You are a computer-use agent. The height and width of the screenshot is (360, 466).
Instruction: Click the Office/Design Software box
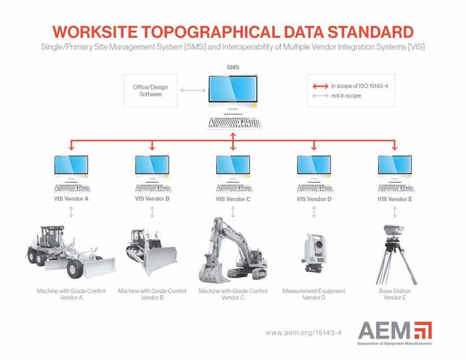[x=150, y=91]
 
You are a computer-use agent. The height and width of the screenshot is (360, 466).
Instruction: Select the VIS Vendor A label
[x=71, y=198]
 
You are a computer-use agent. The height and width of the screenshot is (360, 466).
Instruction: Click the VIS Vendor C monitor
[x=233, y=165]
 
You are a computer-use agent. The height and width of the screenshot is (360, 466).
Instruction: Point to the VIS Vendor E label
[x=395, y=199]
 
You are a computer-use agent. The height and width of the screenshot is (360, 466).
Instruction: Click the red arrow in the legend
[x=320, y=86]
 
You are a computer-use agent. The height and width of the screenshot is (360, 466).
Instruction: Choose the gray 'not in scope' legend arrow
[x=320, y=96]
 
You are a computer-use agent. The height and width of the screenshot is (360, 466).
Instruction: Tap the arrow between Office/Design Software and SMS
[x=193, y=90]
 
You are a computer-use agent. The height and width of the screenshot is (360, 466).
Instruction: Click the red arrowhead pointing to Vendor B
[x=152, y=147]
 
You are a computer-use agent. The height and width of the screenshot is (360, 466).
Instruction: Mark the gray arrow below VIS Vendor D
[x=314, y=212]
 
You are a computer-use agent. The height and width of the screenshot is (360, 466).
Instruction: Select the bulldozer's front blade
[x=160, y=259]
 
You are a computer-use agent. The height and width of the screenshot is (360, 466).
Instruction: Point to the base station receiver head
[x=394, y=229]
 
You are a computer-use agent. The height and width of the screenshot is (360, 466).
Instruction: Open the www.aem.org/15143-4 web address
[x=304, y=332]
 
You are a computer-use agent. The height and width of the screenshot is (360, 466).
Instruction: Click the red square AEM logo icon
[x=423, y=330]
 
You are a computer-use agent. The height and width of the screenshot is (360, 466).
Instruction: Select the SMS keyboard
[x=235, y=123]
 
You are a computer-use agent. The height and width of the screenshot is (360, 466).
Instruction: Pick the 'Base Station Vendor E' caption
[x=395, y=295]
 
